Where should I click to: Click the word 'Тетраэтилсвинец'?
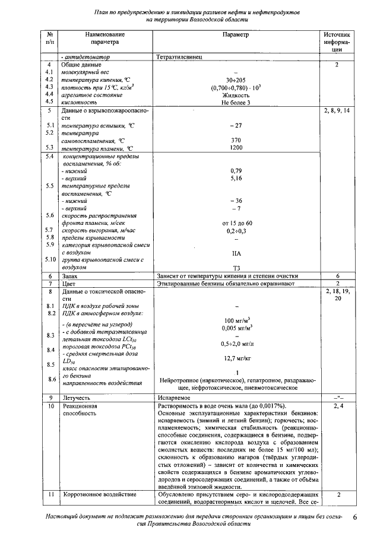[180, 57]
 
